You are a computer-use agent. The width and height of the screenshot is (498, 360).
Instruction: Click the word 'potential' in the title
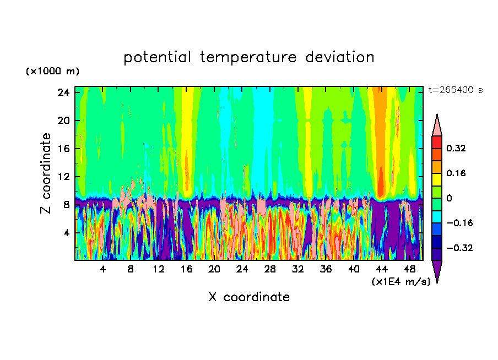(x=158, y=57)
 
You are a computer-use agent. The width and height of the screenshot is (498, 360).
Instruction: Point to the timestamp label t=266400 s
(x=455, y=90)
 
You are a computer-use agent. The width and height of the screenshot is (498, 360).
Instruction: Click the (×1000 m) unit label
(x=52, y=72)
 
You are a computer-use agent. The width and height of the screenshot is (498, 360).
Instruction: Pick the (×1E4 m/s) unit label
(x=400, y=282)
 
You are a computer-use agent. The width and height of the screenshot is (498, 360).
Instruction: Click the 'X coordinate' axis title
(x=249, y=297)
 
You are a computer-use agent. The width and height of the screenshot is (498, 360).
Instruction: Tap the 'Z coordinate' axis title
(x=46, y=173)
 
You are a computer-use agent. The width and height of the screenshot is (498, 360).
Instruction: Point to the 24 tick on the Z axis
(x=63, y=92)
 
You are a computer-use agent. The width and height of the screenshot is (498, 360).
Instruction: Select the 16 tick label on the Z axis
(x=63, y=149)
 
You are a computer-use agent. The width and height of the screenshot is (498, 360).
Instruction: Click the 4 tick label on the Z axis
(x=66, y=233)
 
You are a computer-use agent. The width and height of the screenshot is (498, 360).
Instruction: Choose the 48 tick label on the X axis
(x=409, y=269)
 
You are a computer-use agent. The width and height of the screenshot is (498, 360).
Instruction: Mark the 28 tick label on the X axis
(x=270, y=269)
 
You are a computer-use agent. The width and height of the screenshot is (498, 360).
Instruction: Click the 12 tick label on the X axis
(x=158, y=269)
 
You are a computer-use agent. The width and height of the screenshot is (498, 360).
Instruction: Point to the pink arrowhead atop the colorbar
(x=436, y=126)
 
